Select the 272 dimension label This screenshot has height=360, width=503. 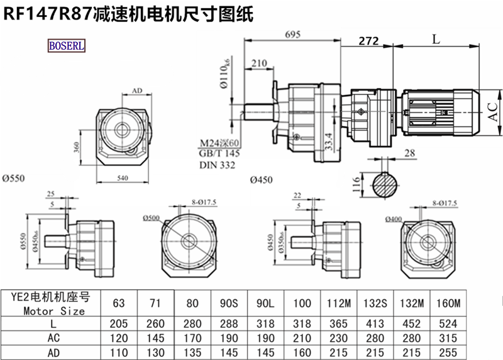tap(368, 41)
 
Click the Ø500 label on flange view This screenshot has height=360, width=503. tap(152, 218)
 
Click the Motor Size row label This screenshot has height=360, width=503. tap(45, 310)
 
